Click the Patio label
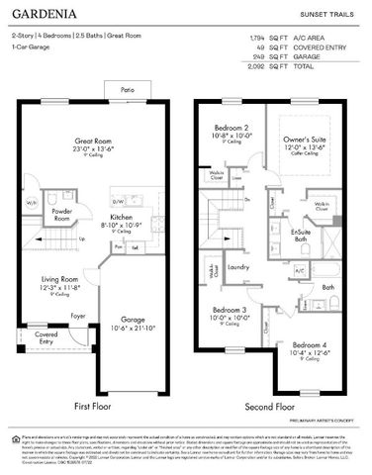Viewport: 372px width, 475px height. [x=128, y=90]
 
